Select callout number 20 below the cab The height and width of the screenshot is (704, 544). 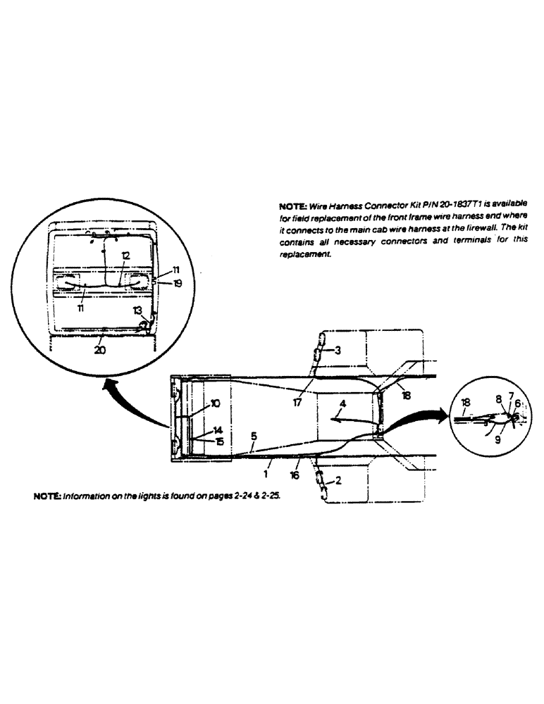[x=100, y=350]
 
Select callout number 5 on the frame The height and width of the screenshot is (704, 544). [x=253, y=436]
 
